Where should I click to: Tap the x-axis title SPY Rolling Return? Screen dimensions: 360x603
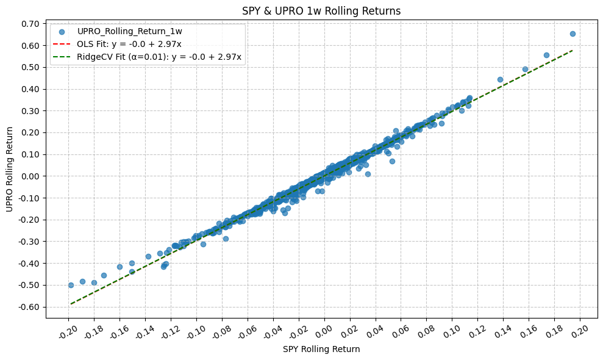point(321,350)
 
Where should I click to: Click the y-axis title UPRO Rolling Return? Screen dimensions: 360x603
point(10,170)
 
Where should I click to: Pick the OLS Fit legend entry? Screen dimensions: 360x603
point(129,44)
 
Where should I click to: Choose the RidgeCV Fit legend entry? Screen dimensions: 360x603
point(159,57)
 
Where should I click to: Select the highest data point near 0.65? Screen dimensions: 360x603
point(573,34)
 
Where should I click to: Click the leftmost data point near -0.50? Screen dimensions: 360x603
point(71,285)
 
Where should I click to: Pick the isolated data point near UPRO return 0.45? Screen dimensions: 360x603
point(500,79)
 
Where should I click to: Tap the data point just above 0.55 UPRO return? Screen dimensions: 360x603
point(546,55)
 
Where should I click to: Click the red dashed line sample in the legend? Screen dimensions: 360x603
point(63,44)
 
